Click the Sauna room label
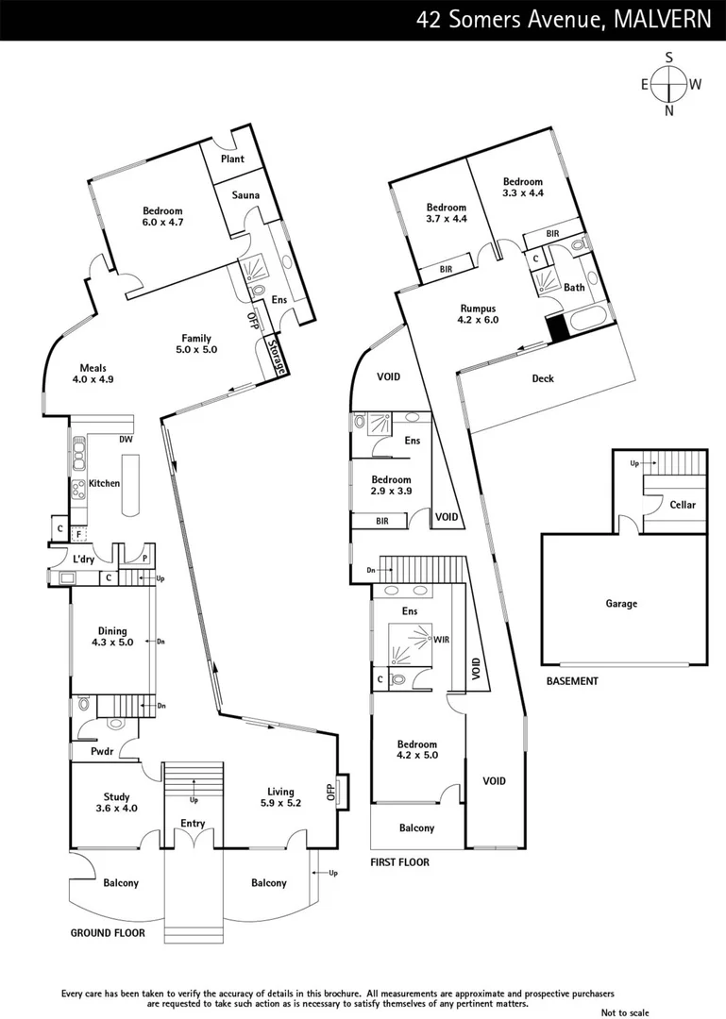(x=233, y=195)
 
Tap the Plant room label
(x=232, y=159)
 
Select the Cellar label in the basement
(x=682, y=505)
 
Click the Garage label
(x=621, y=604)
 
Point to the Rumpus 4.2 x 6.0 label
(x=478, y=314)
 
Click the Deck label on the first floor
(x=542, y=378)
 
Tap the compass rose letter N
(x=669, y=110)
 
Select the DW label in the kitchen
(x=126, y=440)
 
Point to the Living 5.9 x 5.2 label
(x=280, y=797)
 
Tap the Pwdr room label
(x=102, y=752)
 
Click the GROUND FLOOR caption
(x=108, y=933)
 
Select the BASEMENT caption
(x=572, y=680)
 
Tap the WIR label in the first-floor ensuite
(x=440, y=641)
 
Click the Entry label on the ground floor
(x=193, y=824)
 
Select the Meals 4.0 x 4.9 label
(x=93, y=374)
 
